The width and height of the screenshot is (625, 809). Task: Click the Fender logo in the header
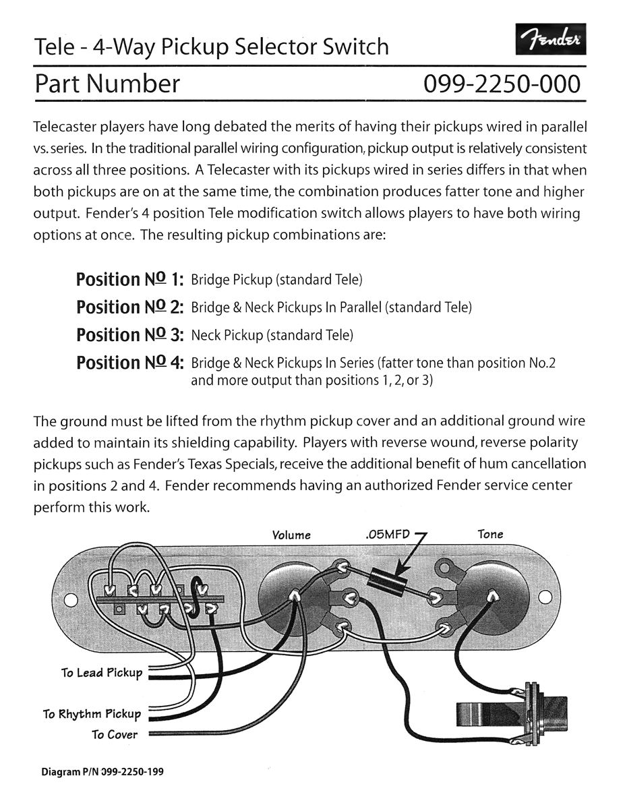click(550, 42)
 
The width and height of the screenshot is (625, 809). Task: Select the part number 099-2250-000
click(501, 84)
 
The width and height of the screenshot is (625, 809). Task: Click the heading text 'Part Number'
click(107, 84)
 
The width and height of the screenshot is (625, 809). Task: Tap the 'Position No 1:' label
click(130, 279)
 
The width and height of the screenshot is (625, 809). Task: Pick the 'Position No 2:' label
click(130, 307)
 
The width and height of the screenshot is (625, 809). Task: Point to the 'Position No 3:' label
click(130, 334)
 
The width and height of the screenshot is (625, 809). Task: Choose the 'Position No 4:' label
click(130, 362)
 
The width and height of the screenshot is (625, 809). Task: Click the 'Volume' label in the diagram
click(291, 535)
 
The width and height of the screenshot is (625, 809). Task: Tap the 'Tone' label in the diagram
click(490, 534)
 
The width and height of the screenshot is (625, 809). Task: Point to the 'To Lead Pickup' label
click(102, 673)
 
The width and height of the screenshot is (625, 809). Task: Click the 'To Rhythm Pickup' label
click(92, 714)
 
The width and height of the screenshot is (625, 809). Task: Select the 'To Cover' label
click(115, 735)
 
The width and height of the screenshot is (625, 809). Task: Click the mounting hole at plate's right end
click(545, 597)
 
